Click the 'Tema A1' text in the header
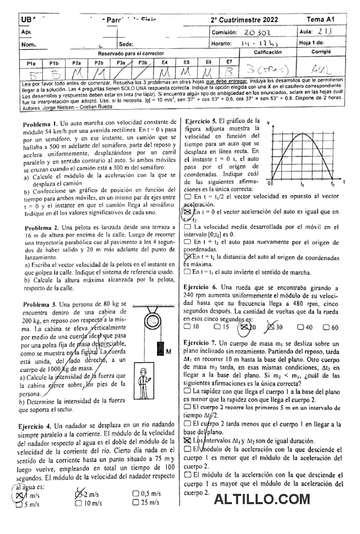(321, 19)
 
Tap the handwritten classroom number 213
(322, 32)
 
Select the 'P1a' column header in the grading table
(31, 63)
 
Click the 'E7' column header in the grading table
(229, 62)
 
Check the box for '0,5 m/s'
(135, 494)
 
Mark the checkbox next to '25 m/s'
(135, 503)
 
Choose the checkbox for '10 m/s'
(79, 504)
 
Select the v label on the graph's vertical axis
(268, 122)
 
